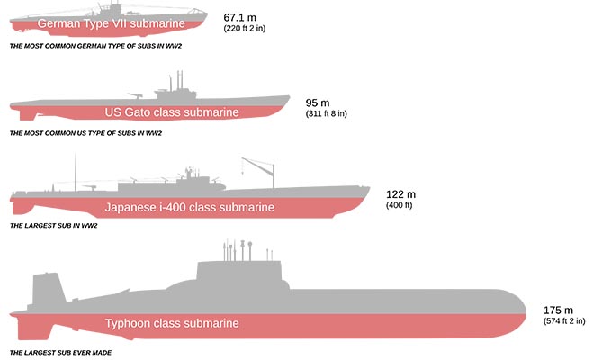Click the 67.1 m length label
239,17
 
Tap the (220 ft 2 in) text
244,29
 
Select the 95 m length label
318,103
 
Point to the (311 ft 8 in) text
326,113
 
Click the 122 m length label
400,194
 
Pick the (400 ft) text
400,205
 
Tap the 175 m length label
558,310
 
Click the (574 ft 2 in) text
564,321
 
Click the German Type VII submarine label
111,23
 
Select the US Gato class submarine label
172,112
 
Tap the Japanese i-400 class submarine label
189,208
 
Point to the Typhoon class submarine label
172,323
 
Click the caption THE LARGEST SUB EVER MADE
60,353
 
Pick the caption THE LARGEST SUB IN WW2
53,226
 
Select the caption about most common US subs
85,133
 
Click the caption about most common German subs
95,46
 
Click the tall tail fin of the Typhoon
49,288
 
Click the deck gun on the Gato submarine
135,96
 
